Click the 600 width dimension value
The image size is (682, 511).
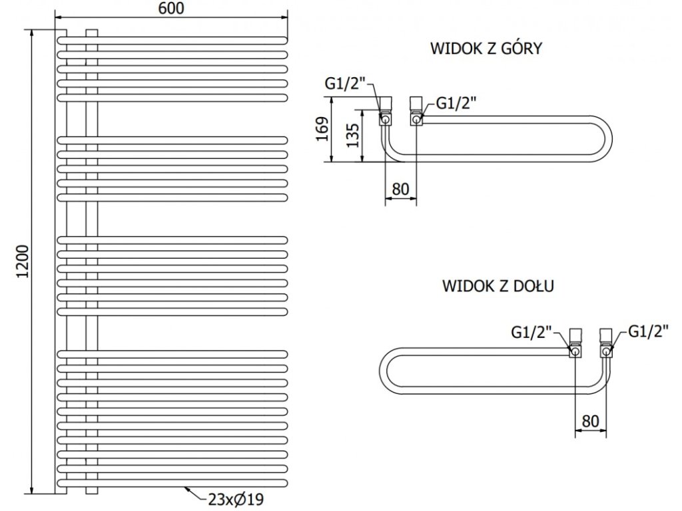click(171, 8)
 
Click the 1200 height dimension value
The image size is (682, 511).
click(22, 262)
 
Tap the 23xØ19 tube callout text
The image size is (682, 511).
click(236, 500)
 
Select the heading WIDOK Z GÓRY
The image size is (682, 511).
click(486, 48)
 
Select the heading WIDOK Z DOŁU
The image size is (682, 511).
click(498, 286)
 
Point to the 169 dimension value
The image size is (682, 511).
click(323, 128)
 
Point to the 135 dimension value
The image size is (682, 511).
click(353, 136)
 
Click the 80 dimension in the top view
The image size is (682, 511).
click(400, 189)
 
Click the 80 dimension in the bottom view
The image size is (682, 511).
click(590, 421)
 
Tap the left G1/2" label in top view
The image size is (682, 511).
click(344, 84)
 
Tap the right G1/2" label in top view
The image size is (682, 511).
click(456, 103)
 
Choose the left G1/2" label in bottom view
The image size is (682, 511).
click(531, 333)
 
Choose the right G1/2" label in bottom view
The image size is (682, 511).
click(648, 331)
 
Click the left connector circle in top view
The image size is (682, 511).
click(386, 118)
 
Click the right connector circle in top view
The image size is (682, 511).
click(417, 118)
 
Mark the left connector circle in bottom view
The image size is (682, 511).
click(575, 351)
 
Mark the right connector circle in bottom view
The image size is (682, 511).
click(606, 351)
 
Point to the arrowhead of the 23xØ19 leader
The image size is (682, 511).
click(186, 488)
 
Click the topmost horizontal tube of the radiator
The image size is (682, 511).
click(172, 41)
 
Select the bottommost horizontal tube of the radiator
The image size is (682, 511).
click(172, 483)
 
